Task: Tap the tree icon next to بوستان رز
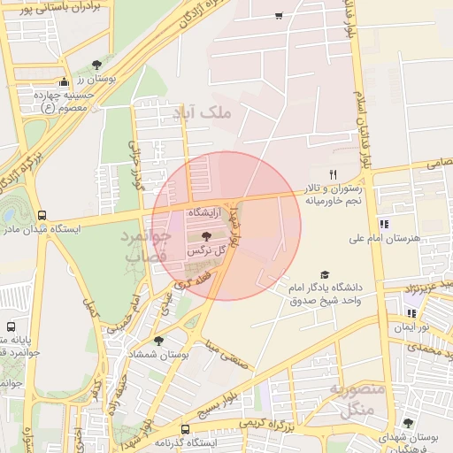pyautogui.click(x=96, y=64)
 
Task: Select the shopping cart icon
pyautogui.click(x=280, y=16)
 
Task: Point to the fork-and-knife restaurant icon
pyautogui.click(x=334, y=173)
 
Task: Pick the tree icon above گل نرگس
pyautogui.click(x=206, y=236)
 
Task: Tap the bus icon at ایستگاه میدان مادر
pyautogui.click(x=42, y=215)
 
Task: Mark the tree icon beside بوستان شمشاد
pyautogui.click(x=158, y=341)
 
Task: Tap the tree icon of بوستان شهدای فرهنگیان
pyautogui.click(x=408, y=424)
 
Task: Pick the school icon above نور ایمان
pyautogui.click(x=411, y=312)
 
